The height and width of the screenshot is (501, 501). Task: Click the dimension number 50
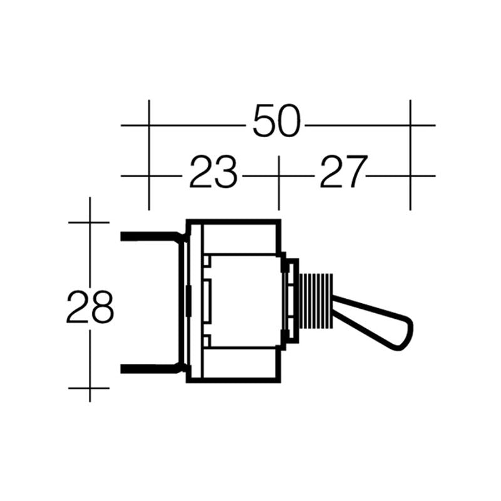[x=277, y=123]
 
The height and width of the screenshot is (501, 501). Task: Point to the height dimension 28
[x=90, y=306]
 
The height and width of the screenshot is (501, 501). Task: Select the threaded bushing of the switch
[x=316, y=301]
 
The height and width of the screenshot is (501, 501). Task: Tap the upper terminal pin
[x=150, y=237]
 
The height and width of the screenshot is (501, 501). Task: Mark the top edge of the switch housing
[x=233, y=221]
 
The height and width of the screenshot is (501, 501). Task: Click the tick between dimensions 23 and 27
[x=278, y=176]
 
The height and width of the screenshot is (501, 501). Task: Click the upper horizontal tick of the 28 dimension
[x=90, y=222]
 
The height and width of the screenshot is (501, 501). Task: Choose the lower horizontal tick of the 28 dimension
[x=90, y=388]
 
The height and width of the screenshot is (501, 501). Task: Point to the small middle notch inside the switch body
[x=208, y=301]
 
